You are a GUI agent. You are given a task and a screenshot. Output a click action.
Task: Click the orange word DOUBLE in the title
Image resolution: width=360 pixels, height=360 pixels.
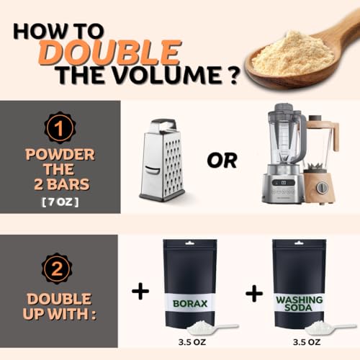[x=109, y=53]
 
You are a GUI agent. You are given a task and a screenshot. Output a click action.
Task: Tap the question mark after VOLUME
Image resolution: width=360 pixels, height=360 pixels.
[x=232, y=75]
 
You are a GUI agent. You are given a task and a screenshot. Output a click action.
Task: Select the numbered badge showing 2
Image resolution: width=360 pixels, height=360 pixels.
[x=57, y=269]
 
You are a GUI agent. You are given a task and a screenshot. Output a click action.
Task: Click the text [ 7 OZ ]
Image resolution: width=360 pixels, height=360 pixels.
[x=60, y=202]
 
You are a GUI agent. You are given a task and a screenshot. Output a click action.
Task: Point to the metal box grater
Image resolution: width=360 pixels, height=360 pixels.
[x=163, y=160]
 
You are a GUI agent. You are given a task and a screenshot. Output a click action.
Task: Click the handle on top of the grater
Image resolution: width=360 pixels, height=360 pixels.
[x=163, y=125]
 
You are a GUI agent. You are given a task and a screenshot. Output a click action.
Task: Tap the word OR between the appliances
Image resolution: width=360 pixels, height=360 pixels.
[x=222, y=161]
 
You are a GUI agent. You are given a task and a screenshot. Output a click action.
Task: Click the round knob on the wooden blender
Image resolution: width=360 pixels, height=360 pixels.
[x=322, y=187]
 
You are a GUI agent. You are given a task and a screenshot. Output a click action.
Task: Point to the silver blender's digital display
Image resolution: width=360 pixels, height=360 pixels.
[x=284, y=182]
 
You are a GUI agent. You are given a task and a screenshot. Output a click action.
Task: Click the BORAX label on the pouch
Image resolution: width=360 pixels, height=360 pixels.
[x=190, y=304]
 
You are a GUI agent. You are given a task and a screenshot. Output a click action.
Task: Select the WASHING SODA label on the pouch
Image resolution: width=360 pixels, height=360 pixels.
[x=300, y=304]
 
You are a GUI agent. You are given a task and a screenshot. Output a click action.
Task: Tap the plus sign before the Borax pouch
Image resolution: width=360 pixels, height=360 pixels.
[x=140, y=291]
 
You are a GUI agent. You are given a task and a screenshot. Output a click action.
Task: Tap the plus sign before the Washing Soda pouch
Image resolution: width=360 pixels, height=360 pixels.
[x=254, y=293]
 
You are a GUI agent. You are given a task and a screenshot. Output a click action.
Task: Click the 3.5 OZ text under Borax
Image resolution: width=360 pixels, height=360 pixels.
[x=192, y=342]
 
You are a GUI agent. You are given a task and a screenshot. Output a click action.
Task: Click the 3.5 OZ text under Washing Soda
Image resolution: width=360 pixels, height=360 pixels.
[x=307, y=342]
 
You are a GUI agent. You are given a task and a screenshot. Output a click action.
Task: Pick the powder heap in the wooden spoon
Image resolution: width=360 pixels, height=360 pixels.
[x=293, y=53]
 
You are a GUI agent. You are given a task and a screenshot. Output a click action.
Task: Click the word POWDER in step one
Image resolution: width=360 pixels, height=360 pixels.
[x=60, y=154]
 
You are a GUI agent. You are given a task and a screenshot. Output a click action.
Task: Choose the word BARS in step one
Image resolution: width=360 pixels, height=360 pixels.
[x=68, y=184]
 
